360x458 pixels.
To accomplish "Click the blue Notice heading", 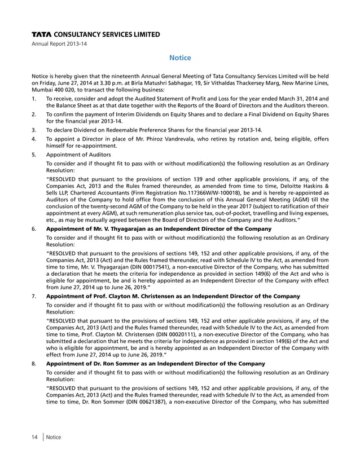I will tap(180, 58).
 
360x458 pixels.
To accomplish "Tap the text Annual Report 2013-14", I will tap(59, 44).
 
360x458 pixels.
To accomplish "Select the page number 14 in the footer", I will tap(34, 437).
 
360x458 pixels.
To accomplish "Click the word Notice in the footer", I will tap(54, 437).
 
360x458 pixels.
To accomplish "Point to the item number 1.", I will tap(34, 98).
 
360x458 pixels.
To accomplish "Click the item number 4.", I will tap(34, 138).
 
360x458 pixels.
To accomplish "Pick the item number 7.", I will tap(34, 296).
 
